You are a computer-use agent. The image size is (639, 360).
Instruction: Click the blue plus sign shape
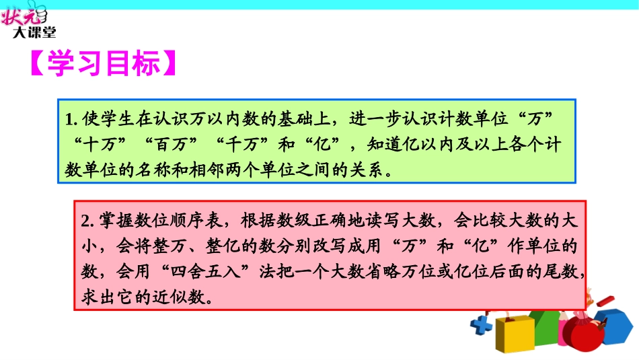pos(482,327)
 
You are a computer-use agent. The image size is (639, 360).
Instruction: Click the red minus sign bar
pos(605,301)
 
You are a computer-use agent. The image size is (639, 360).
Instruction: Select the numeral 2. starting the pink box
pos(89,221)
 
